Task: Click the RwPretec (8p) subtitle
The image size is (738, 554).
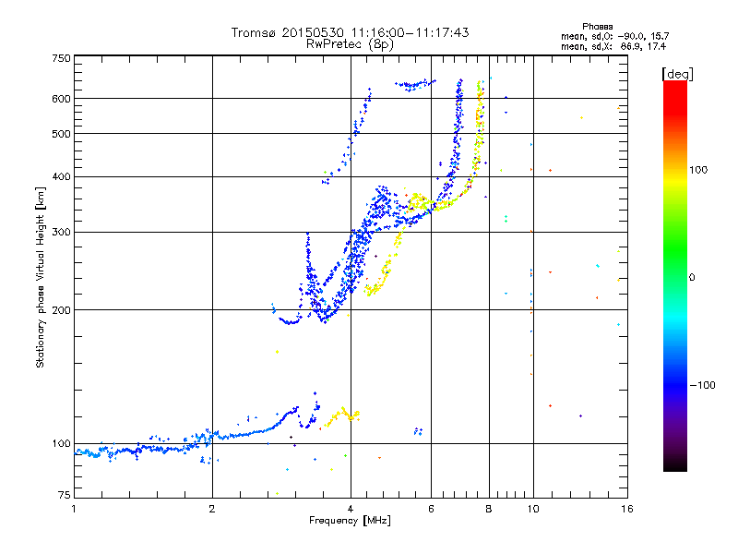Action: pyautogui.click(x=351, y=43)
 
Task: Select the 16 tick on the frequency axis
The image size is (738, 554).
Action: pyautogui.click(x=625, y=509)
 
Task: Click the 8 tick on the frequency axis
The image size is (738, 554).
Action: pyautogui.click(x=489, y=509)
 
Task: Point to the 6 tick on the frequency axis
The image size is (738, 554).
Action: pyautogui.click(x=431, y=509)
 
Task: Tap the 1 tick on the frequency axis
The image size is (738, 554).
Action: pyautogui.click(x=74, y=509)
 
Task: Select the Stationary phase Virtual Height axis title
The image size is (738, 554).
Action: pyautogui.click(x=41, y=278)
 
